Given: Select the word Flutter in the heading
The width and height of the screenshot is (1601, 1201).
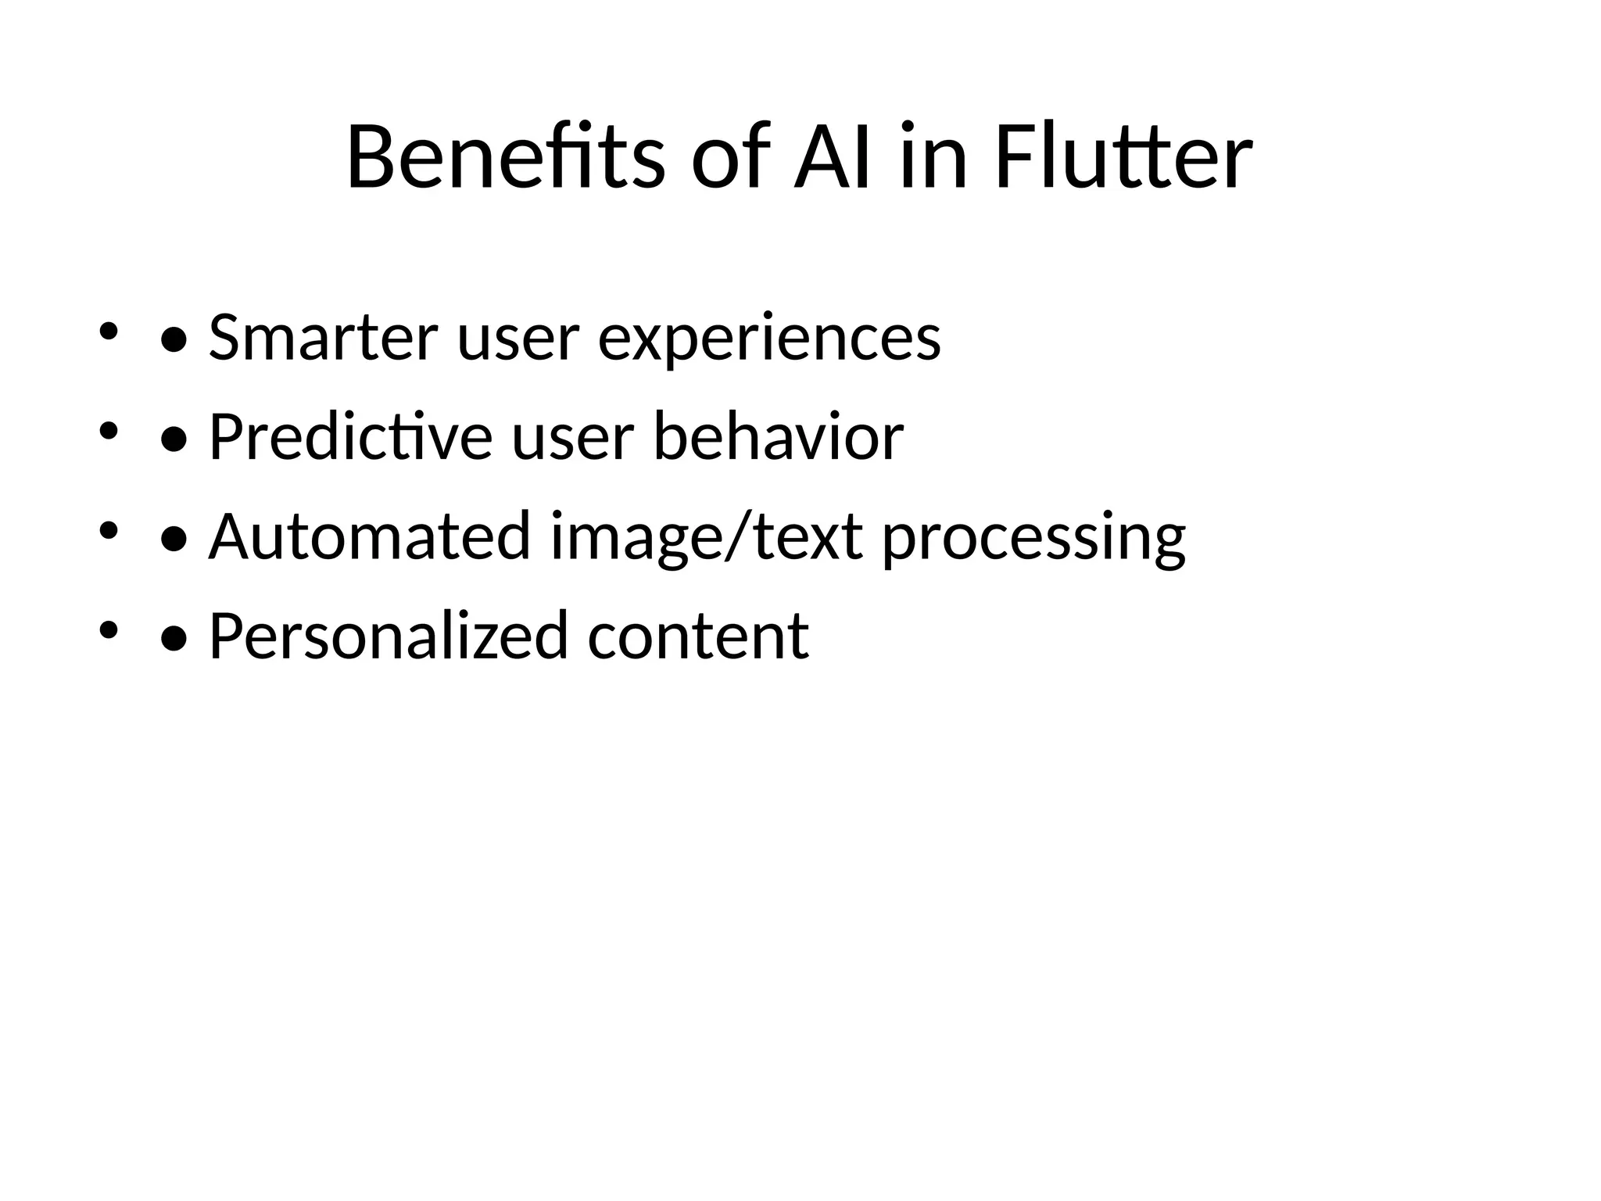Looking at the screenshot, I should [1123, 157].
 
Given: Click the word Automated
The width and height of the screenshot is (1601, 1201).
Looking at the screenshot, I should [370, 536].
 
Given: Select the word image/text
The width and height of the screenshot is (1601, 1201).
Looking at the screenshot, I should [707, 538].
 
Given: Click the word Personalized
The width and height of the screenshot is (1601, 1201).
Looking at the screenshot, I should [388, 636].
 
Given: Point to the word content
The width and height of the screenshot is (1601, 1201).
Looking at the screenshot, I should [698, 636].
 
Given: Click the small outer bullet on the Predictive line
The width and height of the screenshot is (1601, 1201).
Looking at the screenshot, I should [108, 431].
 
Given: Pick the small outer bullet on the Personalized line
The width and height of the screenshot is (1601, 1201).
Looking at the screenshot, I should [108, 629].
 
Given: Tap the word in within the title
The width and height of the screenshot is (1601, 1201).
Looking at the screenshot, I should [933, 157].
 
